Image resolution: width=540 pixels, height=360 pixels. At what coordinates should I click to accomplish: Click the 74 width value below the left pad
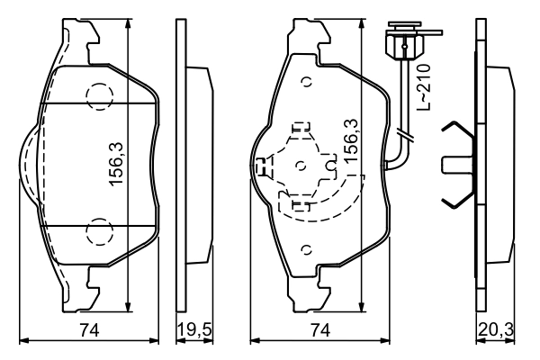88,331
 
